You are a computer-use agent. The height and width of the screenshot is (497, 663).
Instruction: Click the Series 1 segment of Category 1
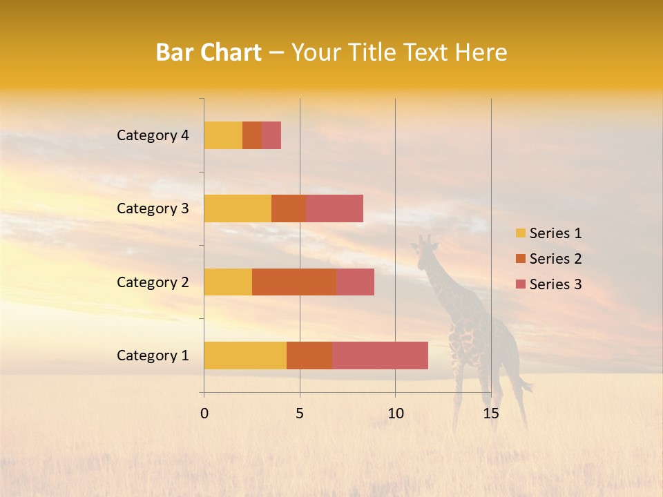click(x=245, y=355)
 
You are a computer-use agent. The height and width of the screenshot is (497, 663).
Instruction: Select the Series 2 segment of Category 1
click(x=309, y=355)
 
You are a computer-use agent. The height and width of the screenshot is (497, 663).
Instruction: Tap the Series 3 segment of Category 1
click(x=380, y=355)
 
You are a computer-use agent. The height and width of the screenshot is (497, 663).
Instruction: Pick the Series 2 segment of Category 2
click(x=294, y=282)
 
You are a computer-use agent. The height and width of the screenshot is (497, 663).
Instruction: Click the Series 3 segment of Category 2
click(x=355, y=282)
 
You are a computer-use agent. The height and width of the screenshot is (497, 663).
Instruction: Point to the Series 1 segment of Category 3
click(x=238, y=208)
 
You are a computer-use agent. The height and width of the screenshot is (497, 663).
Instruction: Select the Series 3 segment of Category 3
click(x=334, y=208)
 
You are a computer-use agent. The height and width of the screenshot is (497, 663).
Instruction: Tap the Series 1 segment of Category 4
click(x=223, y=135)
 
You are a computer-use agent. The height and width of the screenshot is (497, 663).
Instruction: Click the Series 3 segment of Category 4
click(x=271, y=135)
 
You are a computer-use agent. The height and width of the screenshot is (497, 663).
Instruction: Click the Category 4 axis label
click(x=153, y=135)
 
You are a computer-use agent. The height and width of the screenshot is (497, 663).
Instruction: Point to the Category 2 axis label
click(x=153, y=282)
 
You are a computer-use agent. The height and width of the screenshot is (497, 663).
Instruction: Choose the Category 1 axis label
click(x=153, y=355)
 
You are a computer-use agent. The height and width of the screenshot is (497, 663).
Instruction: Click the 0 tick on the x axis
click(x=204, y=413)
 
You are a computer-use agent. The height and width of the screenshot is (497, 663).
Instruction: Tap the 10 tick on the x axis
click(x=395, y=413)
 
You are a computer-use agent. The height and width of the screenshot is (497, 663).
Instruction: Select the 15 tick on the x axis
click(x=490, y=413)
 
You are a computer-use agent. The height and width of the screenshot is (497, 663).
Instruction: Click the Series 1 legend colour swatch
click(x=520, y=233)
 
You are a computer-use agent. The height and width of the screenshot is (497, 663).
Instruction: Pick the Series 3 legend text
click(x=555, y=284)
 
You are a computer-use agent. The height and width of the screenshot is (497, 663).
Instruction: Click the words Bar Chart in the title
click(x=209, y=52)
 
